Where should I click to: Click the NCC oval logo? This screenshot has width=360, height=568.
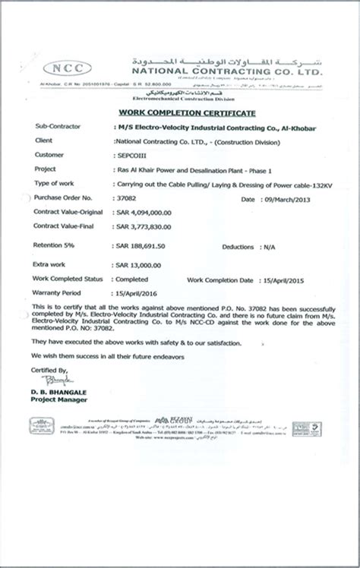tap(66, 67)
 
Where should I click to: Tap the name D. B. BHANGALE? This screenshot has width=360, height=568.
tap(60, 390)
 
